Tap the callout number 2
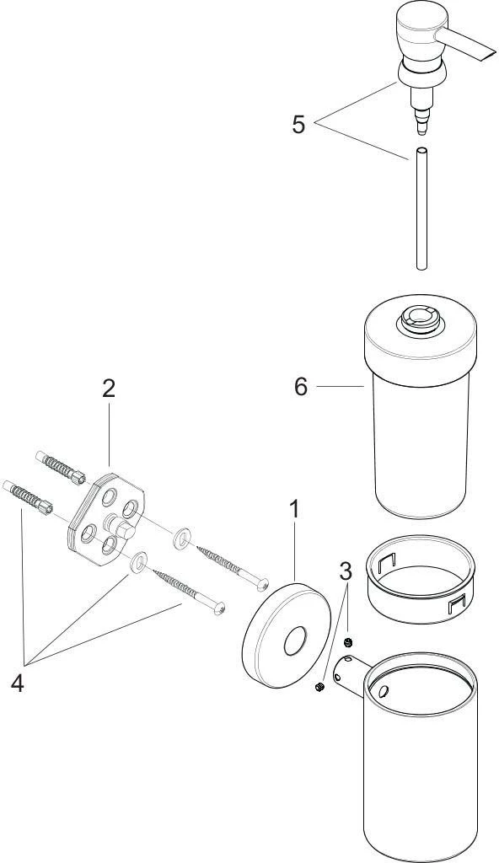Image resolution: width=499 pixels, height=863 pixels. coord(109,389)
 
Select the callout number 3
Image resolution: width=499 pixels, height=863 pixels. coord(346,571)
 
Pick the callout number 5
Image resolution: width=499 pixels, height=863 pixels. coord(298,125)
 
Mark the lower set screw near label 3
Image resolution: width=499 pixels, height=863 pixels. coord(320,689)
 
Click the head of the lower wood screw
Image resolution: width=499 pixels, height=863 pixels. coord(220,607)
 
